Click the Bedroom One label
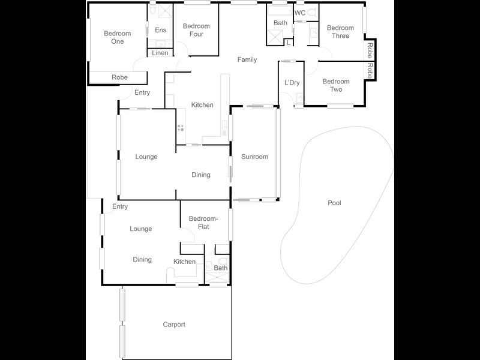[117, 37]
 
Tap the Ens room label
[161, 30]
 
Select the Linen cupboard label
[160, 53]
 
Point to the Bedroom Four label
[196, 30]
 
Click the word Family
[247, 59]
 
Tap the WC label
[300, 13]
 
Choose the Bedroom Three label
[340, 32]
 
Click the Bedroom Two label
[335, 85]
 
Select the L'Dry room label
[292, 82]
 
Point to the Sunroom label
[254, 157]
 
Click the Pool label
[334, 203]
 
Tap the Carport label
[174, 325]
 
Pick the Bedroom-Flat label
[203, 223]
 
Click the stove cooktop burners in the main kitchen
[180, 128]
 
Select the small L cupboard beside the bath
[289, 43]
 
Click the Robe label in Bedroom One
[119, 77]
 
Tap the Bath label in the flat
[221, 268]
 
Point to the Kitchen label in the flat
[184, 262]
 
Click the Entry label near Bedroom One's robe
[142, 92]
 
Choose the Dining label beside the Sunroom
[201, 175]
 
